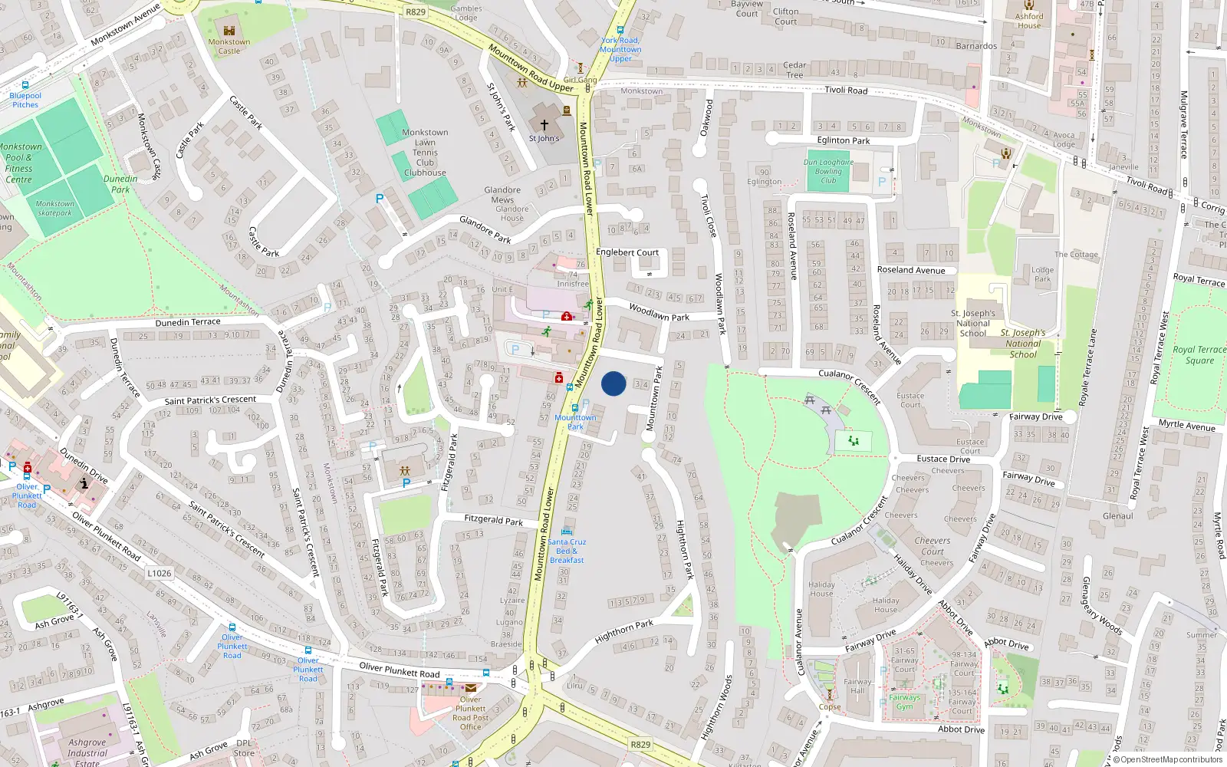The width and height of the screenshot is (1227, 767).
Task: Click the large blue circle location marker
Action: [613, 383]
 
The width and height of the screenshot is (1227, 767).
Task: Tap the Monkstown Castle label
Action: [229, 47]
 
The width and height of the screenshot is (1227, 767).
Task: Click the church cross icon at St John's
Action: [544, 125]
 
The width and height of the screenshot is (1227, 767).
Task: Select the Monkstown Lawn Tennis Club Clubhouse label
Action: [425, 153]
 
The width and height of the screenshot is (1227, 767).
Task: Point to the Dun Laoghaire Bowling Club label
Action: [828, 171]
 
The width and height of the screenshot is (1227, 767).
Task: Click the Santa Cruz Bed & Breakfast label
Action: [567, 551]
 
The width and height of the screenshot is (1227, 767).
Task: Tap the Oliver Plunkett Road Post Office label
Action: [471, 713]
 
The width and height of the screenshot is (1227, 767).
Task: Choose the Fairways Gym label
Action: [905, 702]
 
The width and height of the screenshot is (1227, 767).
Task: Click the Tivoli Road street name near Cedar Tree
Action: [846, 91]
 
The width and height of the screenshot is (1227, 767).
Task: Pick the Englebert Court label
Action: [627, 252]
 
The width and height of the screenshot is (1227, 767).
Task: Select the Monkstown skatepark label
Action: [55, 209]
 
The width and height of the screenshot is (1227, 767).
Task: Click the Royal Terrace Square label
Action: [1199, 355]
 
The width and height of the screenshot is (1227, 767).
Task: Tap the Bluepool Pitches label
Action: [25, 100]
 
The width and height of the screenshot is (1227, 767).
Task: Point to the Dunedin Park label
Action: [120, 184]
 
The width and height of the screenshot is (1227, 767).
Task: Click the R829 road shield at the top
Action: [416, 12]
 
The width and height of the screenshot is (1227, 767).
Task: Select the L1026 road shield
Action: [159, 573]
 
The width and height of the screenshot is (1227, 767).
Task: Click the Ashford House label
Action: [1029, 21]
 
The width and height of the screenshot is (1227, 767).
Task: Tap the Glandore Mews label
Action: [502, 195]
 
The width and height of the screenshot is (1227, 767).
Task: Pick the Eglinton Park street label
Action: [844, 140]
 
